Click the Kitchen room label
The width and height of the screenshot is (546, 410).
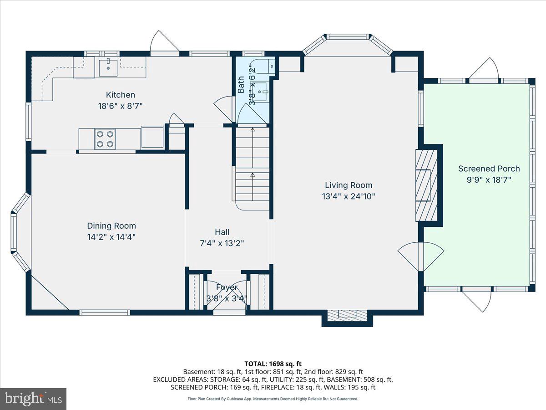(121, 95)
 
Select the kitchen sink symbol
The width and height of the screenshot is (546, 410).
(109, 68)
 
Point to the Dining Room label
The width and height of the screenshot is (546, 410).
(111, 225)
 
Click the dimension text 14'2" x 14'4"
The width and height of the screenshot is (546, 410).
(111, 237)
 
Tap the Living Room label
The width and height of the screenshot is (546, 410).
(349, 185)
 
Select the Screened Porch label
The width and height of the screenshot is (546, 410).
(489, 169)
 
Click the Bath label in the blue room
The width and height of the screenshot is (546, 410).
(241, 85)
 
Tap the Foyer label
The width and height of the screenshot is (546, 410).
(227, 287)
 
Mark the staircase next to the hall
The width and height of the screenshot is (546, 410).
(253, 169)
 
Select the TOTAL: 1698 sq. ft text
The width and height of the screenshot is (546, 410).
(273, 364)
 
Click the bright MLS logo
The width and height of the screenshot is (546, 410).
(33, 399)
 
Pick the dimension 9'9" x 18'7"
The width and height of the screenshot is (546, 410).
(489, 179)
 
